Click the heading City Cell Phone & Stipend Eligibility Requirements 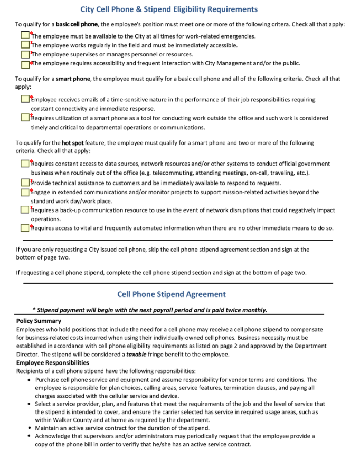[x=169, y=9]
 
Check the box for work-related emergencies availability [x=25, y=35]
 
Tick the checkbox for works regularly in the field [x=25, y=44]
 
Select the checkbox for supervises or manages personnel [x=25, y=54]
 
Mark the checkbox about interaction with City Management [x=25, y=63]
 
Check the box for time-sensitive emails [x=25, y=99]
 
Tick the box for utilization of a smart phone [x=25, y=117]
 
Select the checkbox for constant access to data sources [x=25, y=164]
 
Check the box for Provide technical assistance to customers [x=25, y=182]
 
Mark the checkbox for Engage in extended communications [x=25, y=192]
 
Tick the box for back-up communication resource [x=25, y=209]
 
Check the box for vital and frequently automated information [x=25, y=228]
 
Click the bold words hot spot [x=73, y=143]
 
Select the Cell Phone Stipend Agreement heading [x=172, y=294]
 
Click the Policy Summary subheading [x=39, y=321]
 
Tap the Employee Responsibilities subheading [x=52, y=363]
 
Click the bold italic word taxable [x=136, y=355]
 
